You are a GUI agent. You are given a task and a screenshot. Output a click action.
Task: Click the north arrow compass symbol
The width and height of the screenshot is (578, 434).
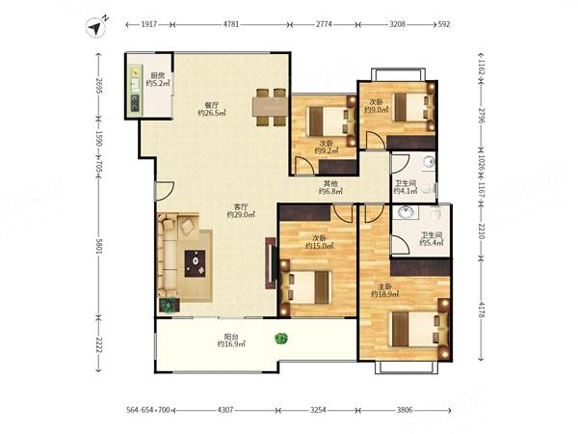[95, 27]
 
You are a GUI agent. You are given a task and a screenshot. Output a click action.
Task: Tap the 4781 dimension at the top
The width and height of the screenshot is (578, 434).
[231, 24]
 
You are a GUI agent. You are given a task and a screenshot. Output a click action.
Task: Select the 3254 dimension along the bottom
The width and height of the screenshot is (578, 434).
[318, 410]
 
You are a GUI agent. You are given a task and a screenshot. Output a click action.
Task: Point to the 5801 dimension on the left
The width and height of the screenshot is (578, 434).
[98, 246]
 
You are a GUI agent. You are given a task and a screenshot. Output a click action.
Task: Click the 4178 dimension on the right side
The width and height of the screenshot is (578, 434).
[481, 310]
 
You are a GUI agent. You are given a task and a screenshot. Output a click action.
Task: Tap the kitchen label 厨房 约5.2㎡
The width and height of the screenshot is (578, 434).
[158, 80]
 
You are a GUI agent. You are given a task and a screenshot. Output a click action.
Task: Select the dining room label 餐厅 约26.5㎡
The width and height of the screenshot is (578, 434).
[212, 109]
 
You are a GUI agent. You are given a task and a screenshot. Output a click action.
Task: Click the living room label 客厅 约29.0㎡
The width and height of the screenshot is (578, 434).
[241, 210]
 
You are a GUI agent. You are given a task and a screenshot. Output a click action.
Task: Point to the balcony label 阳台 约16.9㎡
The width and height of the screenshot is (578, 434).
[231, 340]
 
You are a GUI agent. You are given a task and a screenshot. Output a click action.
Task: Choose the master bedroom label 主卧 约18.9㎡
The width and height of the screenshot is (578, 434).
[384, 290]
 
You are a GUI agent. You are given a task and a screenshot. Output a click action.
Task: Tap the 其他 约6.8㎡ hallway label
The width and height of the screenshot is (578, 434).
[330, 187]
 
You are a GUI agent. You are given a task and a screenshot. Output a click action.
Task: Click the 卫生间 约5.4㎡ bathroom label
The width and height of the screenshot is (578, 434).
[432, 238]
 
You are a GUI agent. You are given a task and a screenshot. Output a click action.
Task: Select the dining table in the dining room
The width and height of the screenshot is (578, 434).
[270, 107]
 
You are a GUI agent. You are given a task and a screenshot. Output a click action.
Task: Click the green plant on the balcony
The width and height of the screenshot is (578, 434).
[281, 339]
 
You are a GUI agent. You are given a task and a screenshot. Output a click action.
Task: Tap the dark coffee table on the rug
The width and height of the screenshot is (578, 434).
[195, 263]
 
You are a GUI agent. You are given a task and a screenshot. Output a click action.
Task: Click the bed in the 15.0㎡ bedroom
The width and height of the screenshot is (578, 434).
[305, 287]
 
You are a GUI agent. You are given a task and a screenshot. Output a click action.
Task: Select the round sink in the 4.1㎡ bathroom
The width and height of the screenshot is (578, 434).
[429, 162]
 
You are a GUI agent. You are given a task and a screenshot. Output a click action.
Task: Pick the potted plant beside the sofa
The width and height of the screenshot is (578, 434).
[169, 306]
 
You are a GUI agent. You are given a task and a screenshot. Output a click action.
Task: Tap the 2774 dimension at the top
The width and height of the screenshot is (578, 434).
[324, 24]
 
